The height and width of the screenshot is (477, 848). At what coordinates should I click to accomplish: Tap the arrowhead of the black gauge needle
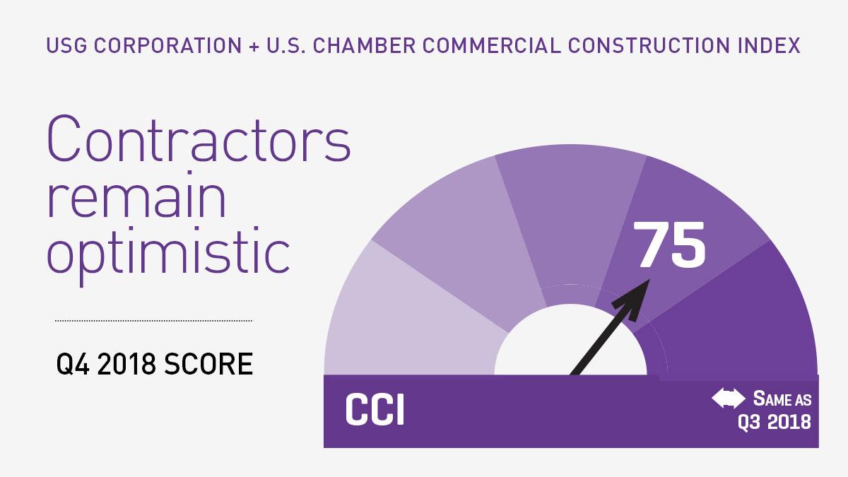coord(641,288)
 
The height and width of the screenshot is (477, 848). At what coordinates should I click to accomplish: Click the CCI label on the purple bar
coord(375,412)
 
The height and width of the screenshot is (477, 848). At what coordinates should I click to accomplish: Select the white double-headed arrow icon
coord(728,399)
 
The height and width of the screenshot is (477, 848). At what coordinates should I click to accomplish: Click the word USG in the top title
coord(63,46)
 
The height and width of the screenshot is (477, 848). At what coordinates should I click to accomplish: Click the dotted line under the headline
coord(153,321)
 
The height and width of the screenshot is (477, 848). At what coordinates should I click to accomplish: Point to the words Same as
coord(782,399)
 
